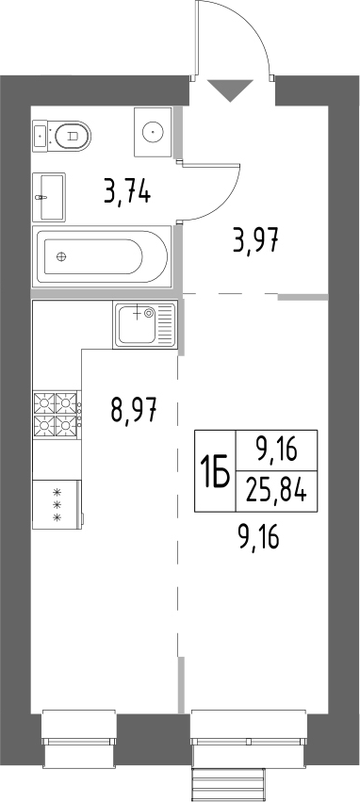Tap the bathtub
[101, 256]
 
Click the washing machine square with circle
[152, 131]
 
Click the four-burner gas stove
[56, 417]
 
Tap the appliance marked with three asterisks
[56, 506]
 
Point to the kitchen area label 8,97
[133, 411]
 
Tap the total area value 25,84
[275, 490]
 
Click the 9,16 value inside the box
[275, 451]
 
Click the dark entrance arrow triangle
[231, 91]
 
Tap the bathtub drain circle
[63, 256]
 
